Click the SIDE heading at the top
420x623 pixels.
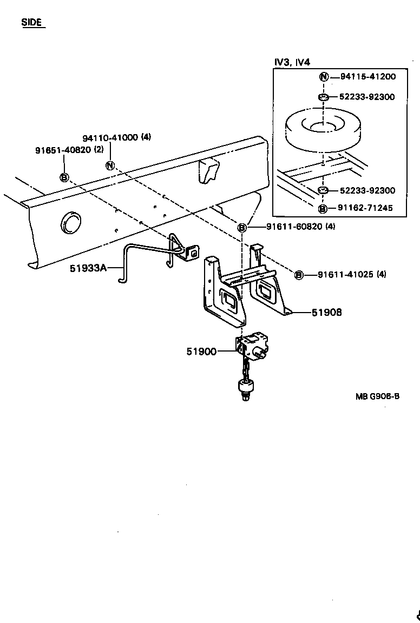click(32, 23)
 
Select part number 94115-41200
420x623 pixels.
click(368, 77)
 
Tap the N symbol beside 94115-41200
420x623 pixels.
click(323, 77)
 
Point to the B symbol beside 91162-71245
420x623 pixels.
click(323, 208)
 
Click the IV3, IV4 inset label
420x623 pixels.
click(292, 62)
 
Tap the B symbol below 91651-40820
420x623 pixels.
click(64, 177)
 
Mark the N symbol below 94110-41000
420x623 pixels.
click(110, 165)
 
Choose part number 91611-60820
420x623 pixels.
click(295, 227)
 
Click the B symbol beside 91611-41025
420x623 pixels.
click(298, 275)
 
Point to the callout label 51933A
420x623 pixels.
click(88, 267)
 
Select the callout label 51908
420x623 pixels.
click(326, 312)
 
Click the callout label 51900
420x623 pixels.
click(201, 352)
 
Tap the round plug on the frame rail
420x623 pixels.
click(70, 222)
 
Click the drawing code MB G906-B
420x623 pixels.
click(378, 396)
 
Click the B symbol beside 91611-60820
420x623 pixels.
click(242, 228)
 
